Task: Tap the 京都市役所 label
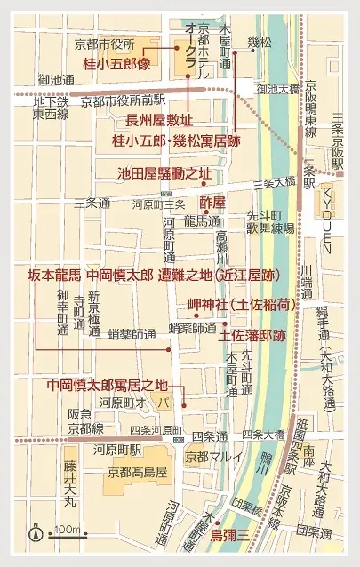coord(103,44)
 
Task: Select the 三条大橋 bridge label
coord(274,182)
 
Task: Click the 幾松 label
coord(259,42)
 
